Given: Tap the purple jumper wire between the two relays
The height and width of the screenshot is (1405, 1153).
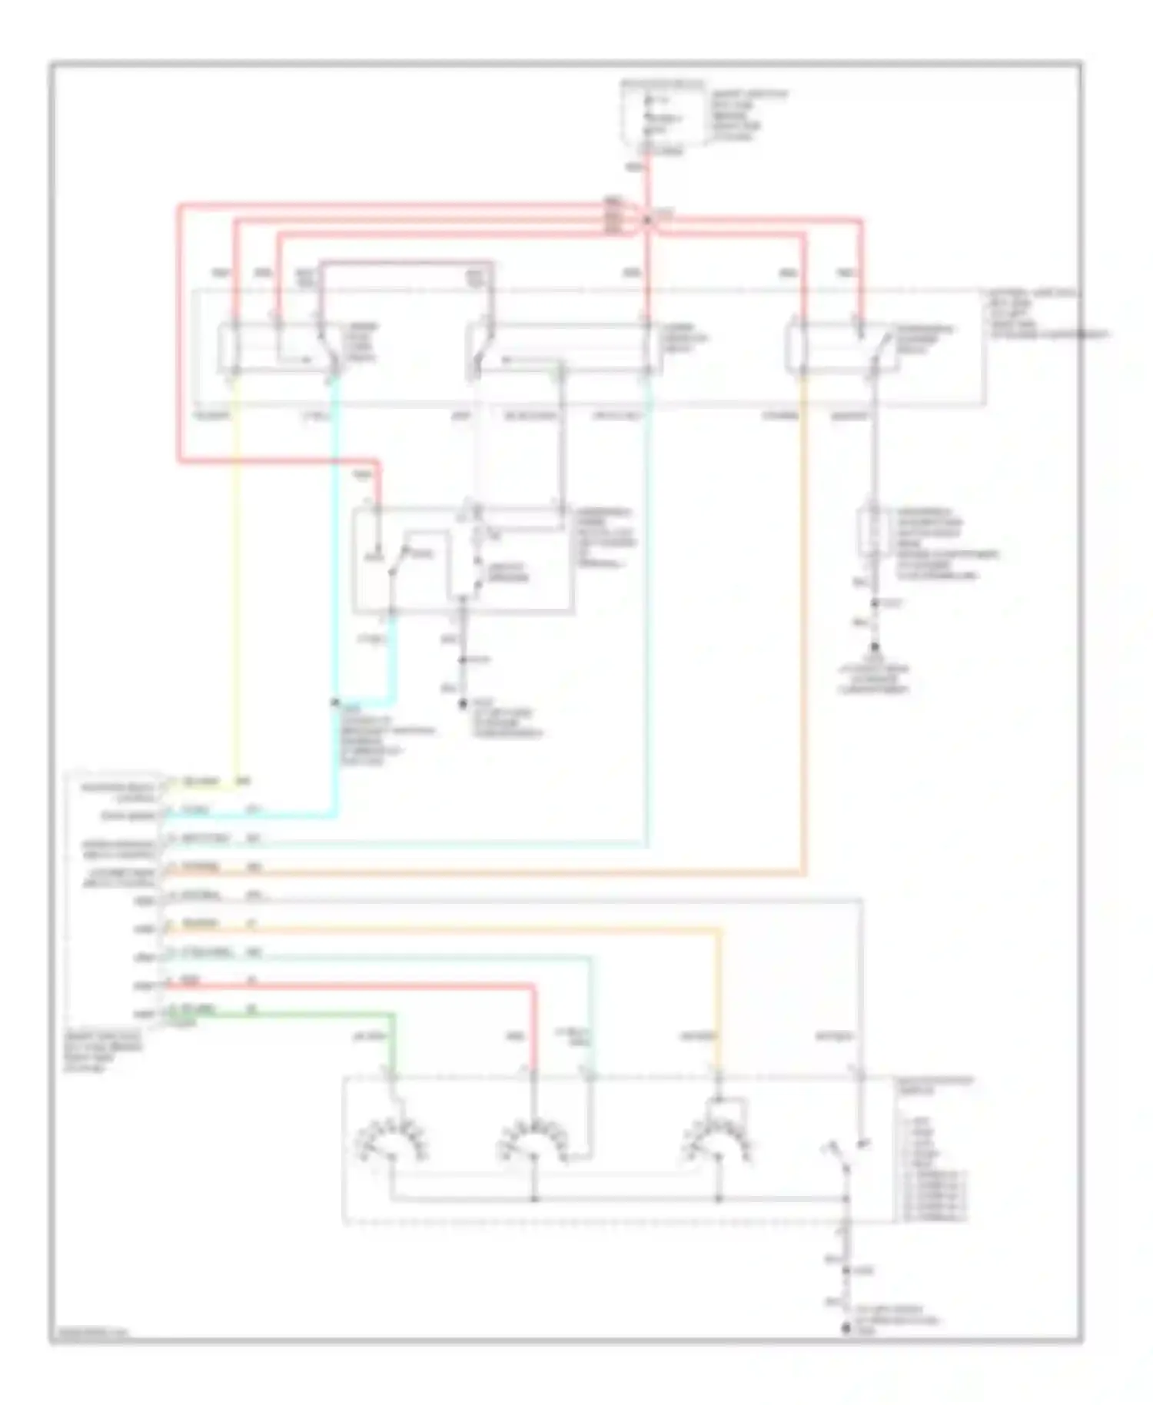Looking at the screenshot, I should tap(404, 263).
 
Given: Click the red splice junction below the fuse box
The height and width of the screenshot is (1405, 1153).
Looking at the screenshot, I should tap(648, 221).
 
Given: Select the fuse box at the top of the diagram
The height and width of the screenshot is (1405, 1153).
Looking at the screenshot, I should tap(663, 115).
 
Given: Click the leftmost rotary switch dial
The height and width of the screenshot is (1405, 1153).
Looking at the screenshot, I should tap(391, 1145).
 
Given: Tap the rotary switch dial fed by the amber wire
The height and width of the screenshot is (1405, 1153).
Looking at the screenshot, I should tap(718, 1145).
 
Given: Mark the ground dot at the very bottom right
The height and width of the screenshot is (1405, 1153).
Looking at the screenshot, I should tap(846, 1327).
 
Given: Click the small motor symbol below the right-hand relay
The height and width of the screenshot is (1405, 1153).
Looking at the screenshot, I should tap(873, 530).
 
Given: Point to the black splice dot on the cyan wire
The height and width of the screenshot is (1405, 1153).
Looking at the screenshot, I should tap(334, 702).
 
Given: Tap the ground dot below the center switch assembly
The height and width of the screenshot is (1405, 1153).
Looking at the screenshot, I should tap(463, 702).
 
